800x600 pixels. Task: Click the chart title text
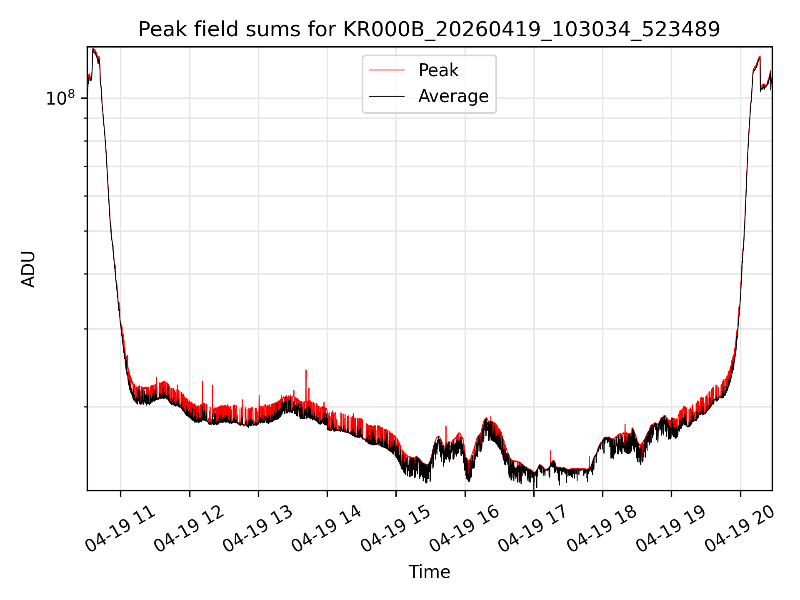point(429,30)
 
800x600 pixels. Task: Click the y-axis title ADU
point(28,269)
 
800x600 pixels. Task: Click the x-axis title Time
point(429,572)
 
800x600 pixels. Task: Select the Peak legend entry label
point(438,70)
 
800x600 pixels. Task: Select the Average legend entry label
point(453,96)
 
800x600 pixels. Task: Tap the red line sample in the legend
point(387,70)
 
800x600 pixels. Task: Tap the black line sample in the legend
point(387,96)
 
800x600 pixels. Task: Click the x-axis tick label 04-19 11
point(120,529)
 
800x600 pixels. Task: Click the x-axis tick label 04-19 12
point(189,529)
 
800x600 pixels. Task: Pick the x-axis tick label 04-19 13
point(258,529)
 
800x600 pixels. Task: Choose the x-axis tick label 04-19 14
point(327,529)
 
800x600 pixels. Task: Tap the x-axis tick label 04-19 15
point(396,529)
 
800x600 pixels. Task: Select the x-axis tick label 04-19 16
point(465,529)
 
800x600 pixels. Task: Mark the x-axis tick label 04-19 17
point(533,529)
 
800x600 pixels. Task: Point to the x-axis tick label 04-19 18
point(602,529)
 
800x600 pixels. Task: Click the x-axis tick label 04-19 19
point(671,529)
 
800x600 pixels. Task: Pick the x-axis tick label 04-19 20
point(740,529)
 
